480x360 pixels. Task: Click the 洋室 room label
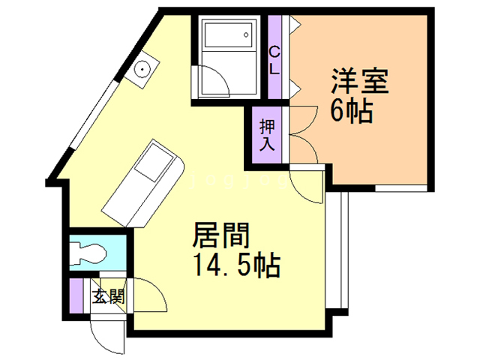click(x=360, y=81)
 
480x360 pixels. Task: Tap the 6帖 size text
click(x=352, y=111)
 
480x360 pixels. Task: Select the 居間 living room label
click(x=221, y=235)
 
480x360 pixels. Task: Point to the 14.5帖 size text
click(x=237, y=265)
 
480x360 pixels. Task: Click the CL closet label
click(x=274, y=61)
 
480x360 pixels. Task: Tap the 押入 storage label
click(x=267, y=135)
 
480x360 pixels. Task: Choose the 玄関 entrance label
click(x=109, y=296)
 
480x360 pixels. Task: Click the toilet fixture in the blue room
click(x=88, y=253)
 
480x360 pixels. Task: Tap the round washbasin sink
click(x=142, y=69)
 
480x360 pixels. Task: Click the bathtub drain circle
click(x=246, y=34)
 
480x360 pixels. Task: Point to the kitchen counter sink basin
click(x=154, y=166)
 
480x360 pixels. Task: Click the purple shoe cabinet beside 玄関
click(x=76, y=295)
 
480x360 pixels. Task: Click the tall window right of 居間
click(x=337, y=250)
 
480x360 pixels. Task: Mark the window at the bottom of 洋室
click(x=400, y=188)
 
